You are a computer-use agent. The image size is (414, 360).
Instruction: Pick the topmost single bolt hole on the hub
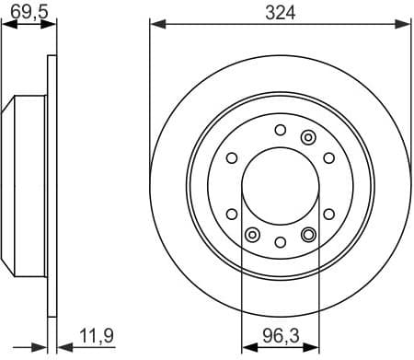click(280, 129)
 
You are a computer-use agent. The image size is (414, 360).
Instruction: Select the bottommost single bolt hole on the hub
click(280, 241)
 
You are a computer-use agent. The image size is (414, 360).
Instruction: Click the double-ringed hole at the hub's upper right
click(308, 137)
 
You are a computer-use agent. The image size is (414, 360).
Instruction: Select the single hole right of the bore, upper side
click(328, 157)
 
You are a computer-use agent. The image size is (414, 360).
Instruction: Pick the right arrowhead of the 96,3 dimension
click(313, 349)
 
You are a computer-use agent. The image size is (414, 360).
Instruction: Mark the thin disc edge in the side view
click(52, 185)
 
